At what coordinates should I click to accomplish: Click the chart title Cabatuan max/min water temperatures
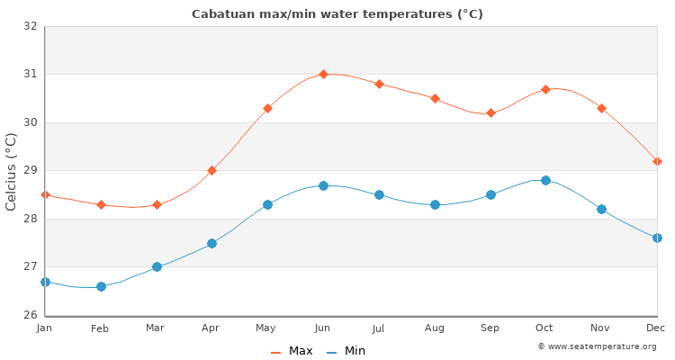coord(337,13)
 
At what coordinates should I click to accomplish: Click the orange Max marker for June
coord(323,74)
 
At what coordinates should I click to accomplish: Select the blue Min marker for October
coord(545,180)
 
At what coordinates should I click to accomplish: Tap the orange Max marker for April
coord(211,170)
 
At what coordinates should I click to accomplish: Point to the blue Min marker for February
coord(101,286)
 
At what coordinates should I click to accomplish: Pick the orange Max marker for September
coord(490,112)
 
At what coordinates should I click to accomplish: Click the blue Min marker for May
coord(267,204)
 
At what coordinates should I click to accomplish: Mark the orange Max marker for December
coord(657,161)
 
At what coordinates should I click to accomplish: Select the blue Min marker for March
coord(157,266)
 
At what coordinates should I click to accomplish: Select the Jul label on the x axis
coord(379,329)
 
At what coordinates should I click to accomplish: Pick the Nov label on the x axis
coord(601,329)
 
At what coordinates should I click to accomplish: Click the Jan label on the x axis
coord(45,329)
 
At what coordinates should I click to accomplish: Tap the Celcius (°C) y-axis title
coord(12,171)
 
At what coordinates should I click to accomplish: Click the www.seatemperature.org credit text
coord(597,346)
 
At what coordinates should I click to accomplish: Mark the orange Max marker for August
coord(435,98)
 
